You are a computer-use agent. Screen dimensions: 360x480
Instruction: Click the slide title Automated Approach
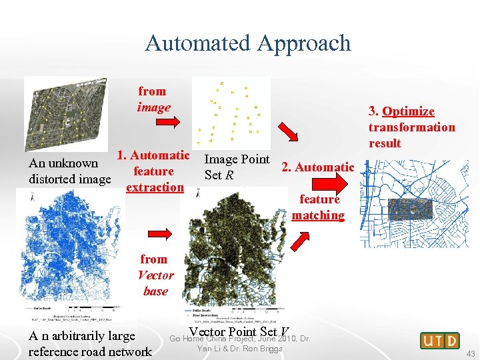tap(248, 43)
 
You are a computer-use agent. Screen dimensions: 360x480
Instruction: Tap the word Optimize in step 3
tap(409, 111)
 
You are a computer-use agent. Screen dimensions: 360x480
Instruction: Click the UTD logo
tap(440, 341)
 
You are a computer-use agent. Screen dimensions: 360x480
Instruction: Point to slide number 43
tap(471, 353)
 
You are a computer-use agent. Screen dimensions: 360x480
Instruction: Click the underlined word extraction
tap(155, 187)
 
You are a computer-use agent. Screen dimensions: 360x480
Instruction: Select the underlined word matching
tap(318, 215)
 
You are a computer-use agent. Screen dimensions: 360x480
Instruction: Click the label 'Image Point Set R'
tap(236, 167)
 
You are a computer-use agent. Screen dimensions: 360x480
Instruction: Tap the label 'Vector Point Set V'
tap(239, 333)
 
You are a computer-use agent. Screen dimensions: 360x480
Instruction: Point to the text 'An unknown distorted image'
tap(69, 171)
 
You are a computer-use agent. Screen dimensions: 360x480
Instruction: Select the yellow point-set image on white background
tap(231, 111)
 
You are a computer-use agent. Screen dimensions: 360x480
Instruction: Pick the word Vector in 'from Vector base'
tap(155, 275)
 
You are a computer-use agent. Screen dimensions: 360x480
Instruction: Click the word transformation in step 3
tap(411, 127)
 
